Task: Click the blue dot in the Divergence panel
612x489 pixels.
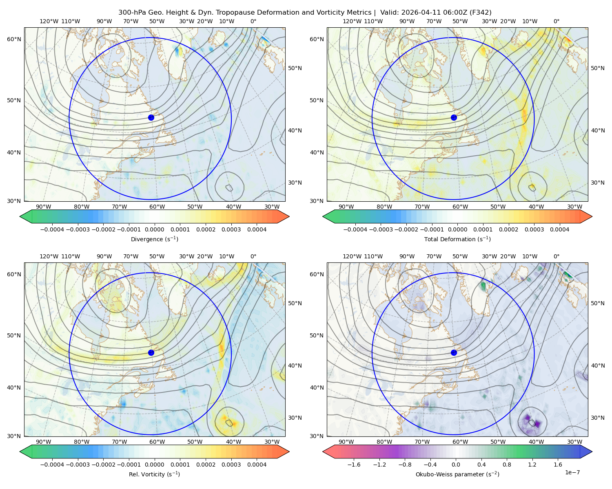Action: coord(151,117)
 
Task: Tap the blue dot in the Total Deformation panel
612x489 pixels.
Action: coord(454,117)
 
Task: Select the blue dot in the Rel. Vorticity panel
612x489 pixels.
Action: coord(151,352)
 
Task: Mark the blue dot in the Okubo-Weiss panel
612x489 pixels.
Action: coord(454,352)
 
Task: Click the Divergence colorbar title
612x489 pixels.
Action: coord(154,239)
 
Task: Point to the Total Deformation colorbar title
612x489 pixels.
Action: coord(457,239)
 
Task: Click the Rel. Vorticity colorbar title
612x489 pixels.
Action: coord(154,474)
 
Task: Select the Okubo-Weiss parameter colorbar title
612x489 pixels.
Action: coord(457,474)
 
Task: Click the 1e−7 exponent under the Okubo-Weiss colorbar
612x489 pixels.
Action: coord(572,472)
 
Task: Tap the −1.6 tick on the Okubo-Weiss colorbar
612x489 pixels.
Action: coord(354,465)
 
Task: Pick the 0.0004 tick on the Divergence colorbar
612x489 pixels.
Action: coord(257,229)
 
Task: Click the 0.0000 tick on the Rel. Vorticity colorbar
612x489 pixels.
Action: coord(154,465)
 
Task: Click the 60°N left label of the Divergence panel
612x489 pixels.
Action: coord(14,39)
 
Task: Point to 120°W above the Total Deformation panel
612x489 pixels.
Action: coord(352,21)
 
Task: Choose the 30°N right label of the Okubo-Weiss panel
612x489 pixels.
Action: coord(597,418)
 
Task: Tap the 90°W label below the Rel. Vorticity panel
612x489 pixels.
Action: coord(44,442)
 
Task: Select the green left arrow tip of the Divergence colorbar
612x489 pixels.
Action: coord(20,216)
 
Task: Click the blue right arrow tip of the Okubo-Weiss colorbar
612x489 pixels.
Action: coord(592,452)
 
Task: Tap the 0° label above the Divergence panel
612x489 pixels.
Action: coord(253,21)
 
